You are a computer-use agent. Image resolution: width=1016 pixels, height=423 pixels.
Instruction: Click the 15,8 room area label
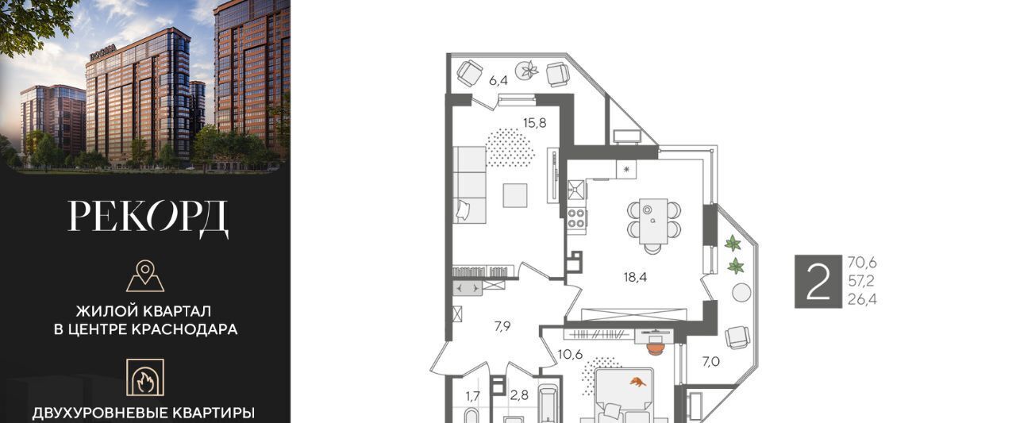534,123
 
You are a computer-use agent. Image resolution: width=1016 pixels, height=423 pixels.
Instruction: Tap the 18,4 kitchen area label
635,277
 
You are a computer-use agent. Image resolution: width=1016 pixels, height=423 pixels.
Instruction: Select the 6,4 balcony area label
498,81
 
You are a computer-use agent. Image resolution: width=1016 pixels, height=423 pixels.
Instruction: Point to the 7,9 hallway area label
502,326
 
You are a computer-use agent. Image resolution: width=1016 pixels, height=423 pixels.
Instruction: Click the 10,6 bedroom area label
570,354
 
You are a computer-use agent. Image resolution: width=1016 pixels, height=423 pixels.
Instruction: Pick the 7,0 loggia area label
710,362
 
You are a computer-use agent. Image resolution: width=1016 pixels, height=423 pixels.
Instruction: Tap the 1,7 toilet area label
472,396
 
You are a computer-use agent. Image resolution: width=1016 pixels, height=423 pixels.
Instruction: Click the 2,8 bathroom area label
519,395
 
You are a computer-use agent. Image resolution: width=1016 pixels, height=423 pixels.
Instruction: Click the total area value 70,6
862,263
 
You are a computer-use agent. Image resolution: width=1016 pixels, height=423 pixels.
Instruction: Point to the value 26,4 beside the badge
862,299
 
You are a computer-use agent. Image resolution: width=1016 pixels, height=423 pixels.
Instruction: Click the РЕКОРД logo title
148,218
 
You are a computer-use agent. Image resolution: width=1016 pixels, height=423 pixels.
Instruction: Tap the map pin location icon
145,275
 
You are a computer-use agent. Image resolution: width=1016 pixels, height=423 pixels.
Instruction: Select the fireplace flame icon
145,378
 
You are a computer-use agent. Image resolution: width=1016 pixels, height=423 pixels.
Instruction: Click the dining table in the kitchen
653,221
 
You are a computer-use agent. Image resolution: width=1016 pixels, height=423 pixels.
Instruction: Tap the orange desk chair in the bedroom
655,348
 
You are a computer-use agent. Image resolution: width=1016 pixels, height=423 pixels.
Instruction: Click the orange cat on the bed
638,383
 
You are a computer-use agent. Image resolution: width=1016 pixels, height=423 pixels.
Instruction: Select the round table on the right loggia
741,293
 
